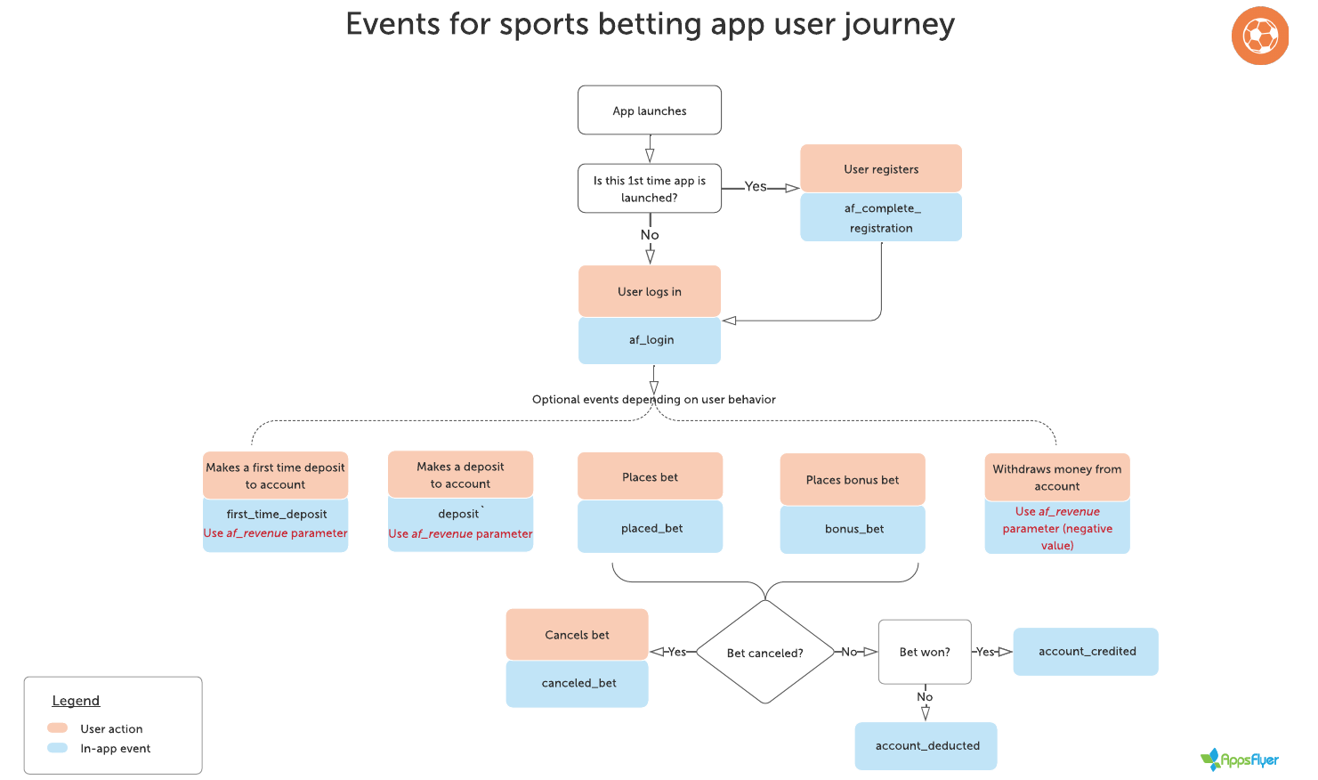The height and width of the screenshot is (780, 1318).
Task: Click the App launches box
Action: coord(649,110)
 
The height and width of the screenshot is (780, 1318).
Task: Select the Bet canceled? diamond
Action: coord(765,653)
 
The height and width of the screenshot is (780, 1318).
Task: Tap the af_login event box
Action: coord(649,340)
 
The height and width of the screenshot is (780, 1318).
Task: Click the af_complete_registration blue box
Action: coord(881,217)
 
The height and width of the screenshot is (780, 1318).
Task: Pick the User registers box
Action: coord(881,168)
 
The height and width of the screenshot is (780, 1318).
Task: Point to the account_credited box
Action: coord(1086,652)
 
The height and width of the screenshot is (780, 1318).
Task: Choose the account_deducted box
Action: coord(926,746)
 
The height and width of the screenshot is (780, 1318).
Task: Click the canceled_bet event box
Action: coord(578,684)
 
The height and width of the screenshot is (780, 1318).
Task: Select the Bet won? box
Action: coord(925,652)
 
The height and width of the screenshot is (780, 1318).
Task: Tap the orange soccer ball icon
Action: coord(1260,36)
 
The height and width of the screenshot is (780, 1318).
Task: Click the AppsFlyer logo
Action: coord(1239,760)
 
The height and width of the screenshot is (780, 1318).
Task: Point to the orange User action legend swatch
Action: coord(58,728)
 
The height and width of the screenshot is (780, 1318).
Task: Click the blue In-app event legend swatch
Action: coord(58,748)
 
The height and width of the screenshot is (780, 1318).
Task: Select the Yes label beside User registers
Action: coord(756,187)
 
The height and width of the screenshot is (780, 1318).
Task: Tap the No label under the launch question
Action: coord(650,235)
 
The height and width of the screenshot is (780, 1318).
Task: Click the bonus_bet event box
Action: coord(853,529)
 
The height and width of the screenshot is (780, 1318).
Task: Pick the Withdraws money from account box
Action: coord(1057,477)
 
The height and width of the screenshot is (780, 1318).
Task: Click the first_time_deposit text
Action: coord(277,514)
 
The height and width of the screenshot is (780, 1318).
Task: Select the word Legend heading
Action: coord(76,701)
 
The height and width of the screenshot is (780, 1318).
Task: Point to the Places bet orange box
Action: coord(650,476)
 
